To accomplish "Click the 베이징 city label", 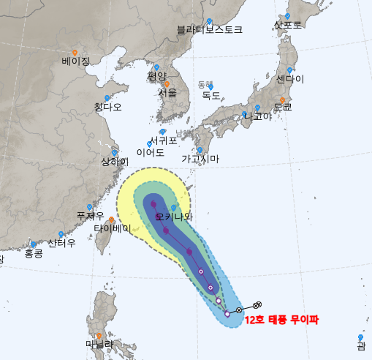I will [75, 61].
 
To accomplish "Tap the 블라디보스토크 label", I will [209, 30].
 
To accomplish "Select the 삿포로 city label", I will [287, 25].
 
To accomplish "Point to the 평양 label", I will [157, 76].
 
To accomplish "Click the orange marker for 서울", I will [167, 85].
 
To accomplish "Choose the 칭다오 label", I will [107, 107].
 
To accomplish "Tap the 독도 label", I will [211, 95].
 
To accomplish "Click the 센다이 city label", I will [290, 79].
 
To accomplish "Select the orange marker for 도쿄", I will [282, 100].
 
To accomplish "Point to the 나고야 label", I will [257, 116].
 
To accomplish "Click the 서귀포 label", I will [164, 140].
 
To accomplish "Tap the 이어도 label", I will [150, 153].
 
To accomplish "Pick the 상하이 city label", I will [115, 162].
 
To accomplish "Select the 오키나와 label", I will [175, 217].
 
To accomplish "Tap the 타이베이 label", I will [112, 228].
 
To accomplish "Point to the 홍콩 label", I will [34, 253].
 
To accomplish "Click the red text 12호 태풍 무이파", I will [282, 320].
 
